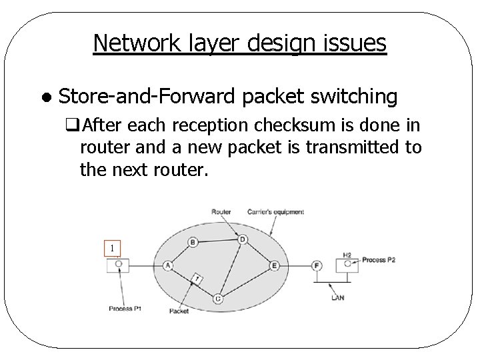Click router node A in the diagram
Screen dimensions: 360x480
167,265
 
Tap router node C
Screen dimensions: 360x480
218,298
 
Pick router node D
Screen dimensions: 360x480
243,239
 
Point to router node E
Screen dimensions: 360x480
274,265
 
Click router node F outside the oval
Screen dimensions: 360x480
317,265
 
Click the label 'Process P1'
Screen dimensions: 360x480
125,309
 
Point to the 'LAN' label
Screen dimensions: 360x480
337,297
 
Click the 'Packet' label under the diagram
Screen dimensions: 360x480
179,311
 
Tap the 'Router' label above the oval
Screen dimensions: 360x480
221,212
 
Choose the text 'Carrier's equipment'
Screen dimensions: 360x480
275,212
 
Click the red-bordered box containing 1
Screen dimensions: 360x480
113,249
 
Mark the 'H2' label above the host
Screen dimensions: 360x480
347,255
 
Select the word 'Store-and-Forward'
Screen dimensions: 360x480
147,97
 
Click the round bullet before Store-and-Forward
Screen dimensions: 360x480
44,97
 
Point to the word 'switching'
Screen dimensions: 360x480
359,97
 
